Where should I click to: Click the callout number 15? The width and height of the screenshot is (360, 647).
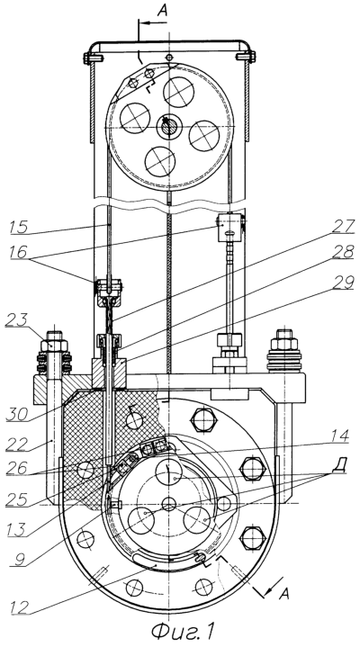tap(20, 227)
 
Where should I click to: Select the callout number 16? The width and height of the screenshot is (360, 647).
tap(20, 252)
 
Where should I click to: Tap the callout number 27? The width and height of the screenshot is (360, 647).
tap(344, 227)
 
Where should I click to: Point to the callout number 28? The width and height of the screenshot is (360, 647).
tap(344, 251)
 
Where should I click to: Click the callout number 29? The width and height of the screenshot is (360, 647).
tap(344, 283)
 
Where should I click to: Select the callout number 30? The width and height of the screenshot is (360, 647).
tap(17, 414)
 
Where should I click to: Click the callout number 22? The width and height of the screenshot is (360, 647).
tap(17, 445)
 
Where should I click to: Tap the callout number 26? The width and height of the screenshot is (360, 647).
tap(17, 469)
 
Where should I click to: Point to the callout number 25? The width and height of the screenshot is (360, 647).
tap(17, 499)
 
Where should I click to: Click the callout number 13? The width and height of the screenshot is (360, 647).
tap(17, 529)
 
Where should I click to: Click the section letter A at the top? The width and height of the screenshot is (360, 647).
tap(163, 10)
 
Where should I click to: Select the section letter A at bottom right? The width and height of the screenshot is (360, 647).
tap(283, 594)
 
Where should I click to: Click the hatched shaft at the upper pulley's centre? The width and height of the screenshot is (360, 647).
tap(168, 127)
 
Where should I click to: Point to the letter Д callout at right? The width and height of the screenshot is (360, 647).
tap(342, 465)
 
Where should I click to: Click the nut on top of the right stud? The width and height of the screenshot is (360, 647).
tap(284, 343)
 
